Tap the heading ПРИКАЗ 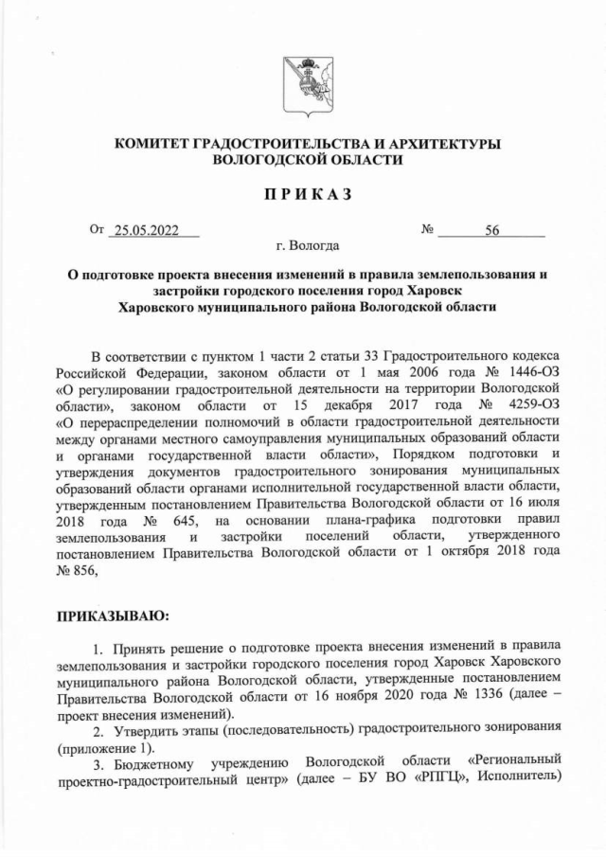pyautogui.click(x=302, y=194)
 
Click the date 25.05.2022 pyautogui.click(x=145, y=230)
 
